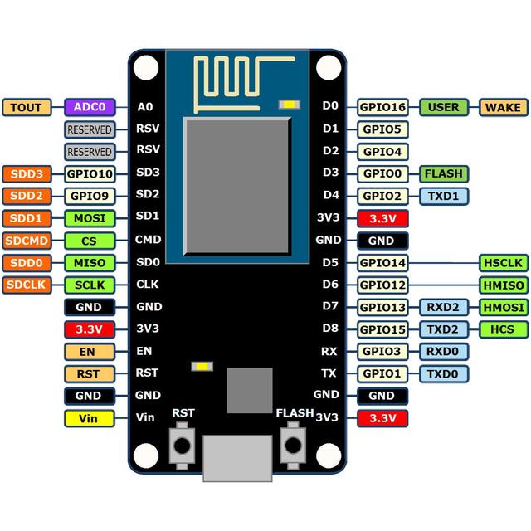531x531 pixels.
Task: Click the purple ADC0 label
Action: tap(88, 107)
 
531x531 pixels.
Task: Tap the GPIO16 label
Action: tap(382, 107)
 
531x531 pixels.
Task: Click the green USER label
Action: tap(443, 107)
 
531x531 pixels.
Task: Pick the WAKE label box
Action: tap(503, 107)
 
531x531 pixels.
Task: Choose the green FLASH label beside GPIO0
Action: tap(443, 174)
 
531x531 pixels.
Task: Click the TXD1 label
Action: tap(443, 197)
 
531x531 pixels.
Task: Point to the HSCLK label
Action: tap(503, 263)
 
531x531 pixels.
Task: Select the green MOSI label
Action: tap(88, 218)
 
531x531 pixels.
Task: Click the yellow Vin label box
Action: tap(88, 418)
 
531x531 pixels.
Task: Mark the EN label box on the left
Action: tap(88, 351)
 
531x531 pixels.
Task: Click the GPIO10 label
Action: tap(88, 174)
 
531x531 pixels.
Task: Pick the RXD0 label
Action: tap(443, 351)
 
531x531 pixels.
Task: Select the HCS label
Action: tap(503, 329)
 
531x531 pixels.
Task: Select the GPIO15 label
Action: tap(382, 329)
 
